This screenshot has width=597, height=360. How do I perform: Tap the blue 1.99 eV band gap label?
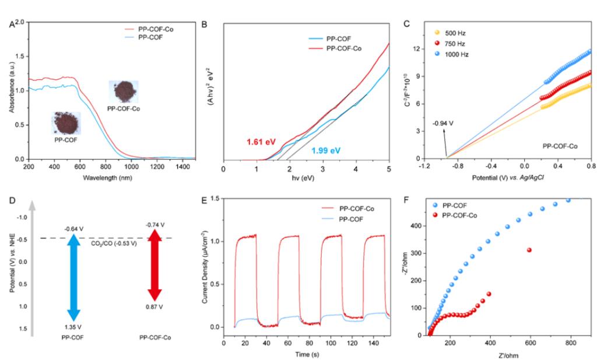tap(326, 151)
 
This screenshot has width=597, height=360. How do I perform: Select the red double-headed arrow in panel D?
tap(154, 267)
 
